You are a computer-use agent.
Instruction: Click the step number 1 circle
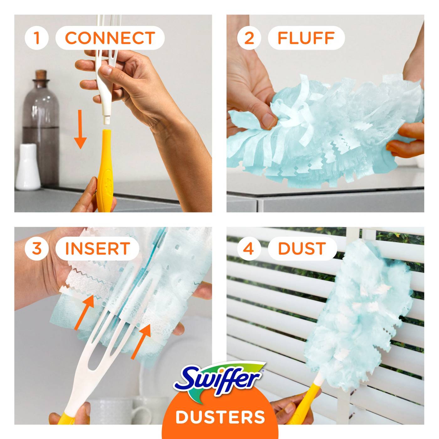tap(37, 38)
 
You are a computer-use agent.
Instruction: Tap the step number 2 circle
tap(249, 38)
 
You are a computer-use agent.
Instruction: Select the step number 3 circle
tap(37, 249)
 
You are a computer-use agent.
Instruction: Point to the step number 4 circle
tap(249, 249)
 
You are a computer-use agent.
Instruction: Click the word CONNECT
tap(110, 38)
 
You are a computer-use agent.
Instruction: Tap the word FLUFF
tap(306, 38)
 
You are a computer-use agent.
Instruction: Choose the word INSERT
tap(97, 249)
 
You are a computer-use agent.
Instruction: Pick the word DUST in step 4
tap(302, 249)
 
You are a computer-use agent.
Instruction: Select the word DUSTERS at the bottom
tap(220, 417)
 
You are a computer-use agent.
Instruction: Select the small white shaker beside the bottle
tap(28, 167)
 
